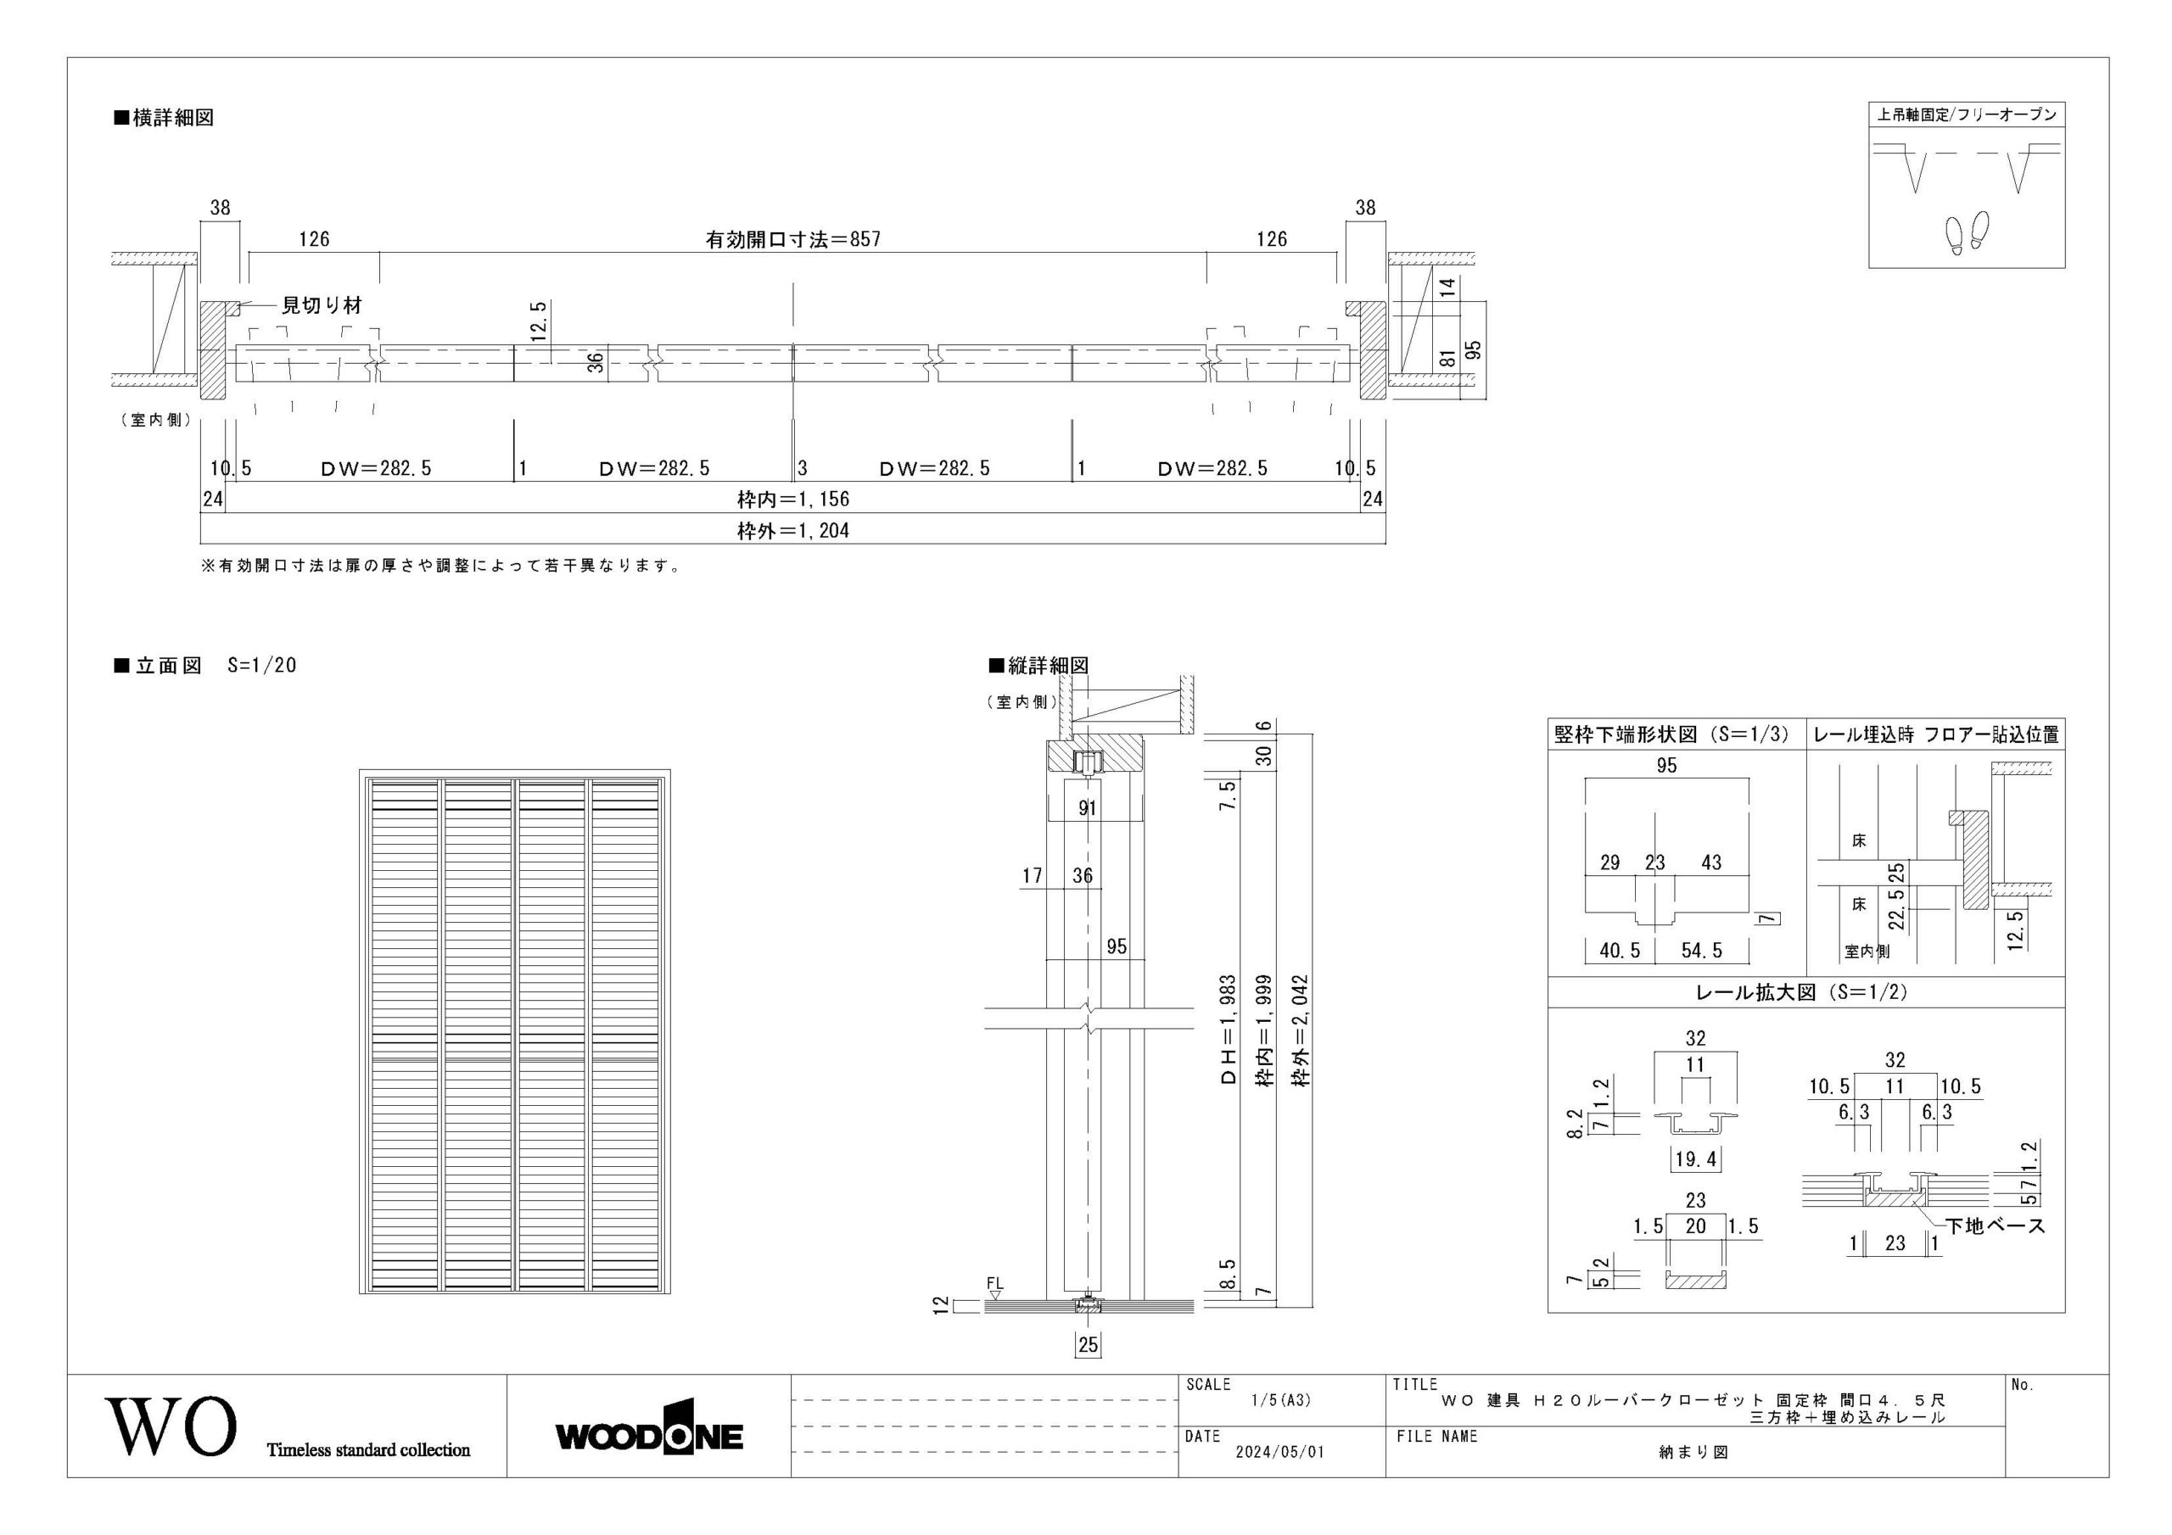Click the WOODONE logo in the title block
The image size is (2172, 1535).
(649, 1437)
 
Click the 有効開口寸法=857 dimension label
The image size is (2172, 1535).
(792, 239)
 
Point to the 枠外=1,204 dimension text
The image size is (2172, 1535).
(792, 531)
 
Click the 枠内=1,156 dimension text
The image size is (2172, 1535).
(792, 499)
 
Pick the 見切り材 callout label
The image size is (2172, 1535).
(322, 305)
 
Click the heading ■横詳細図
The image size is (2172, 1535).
(164, 118)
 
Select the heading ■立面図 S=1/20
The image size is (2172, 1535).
(205, 665)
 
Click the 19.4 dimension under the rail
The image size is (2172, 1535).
(1695, 1158)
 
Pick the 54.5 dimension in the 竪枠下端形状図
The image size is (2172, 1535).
(1702, 951)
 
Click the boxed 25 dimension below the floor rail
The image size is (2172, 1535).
(1088, 1344)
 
